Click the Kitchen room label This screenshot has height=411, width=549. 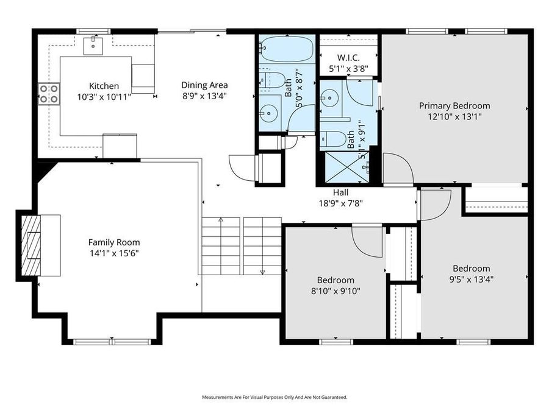(x=104, y=86)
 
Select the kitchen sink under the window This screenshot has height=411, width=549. (x=93, y=42)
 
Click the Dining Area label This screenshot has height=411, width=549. (x=204, y=85)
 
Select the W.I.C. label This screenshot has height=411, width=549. (x=348, y=57)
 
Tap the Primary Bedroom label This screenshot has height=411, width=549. (x=454, y=105)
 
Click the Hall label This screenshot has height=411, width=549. (x=340, y=192)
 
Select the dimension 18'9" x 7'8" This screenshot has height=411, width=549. (x=340, y=203)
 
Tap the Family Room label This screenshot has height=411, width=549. (x=114, y=242)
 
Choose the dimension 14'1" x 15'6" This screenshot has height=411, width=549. (x=114, y=253)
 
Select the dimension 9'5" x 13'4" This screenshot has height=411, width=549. (x=471, y=279)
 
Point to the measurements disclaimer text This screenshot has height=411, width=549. (x=274, y=397)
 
